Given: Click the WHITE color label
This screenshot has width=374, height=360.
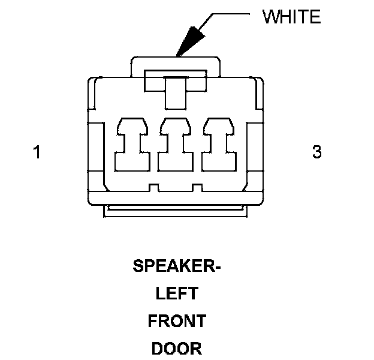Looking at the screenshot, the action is point(292,16).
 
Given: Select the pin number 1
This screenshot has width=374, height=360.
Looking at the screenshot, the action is point(37,152).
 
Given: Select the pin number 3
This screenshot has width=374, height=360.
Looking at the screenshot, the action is point(317,152).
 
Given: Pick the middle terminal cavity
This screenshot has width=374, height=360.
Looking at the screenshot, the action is point(176,145).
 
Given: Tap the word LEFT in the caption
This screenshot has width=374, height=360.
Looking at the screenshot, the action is point(177,293).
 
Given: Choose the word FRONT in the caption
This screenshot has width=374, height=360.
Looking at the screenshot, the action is point(177,321).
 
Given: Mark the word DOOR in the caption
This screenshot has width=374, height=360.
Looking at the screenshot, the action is point(177,348).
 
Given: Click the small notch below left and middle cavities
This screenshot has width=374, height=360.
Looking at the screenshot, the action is point(154,188).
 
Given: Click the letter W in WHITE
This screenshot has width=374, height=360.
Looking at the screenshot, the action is point(270,16).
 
